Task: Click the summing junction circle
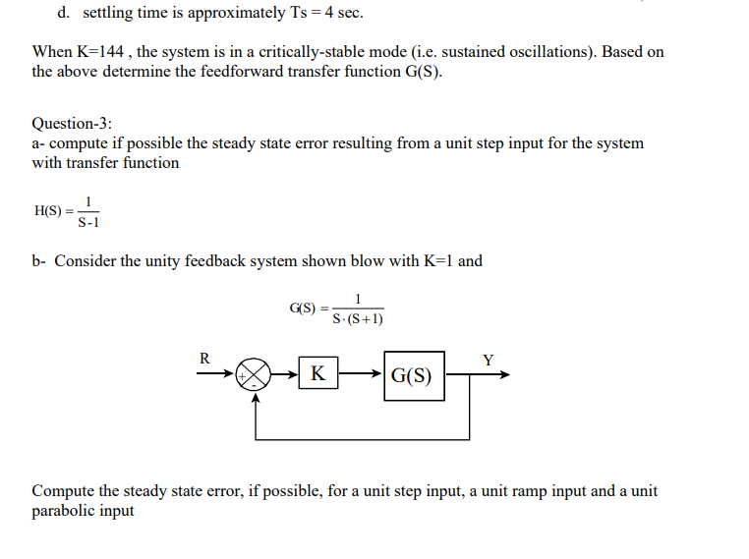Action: [255, 375]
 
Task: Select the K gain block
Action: [317, 374]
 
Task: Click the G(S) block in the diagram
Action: [413, 375]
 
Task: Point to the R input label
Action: [204, 359]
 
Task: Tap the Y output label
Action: [489, 359]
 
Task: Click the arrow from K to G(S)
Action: [360, 374]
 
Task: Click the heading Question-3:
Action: [72, 124]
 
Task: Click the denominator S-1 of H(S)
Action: [87, 220]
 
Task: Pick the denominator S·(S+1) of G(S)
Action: [358, 318]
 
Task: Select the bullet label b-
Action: [39, 261]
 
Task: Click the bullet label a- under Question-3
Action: [38, 143]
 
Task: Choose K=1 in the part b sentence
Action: [435, 261]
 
